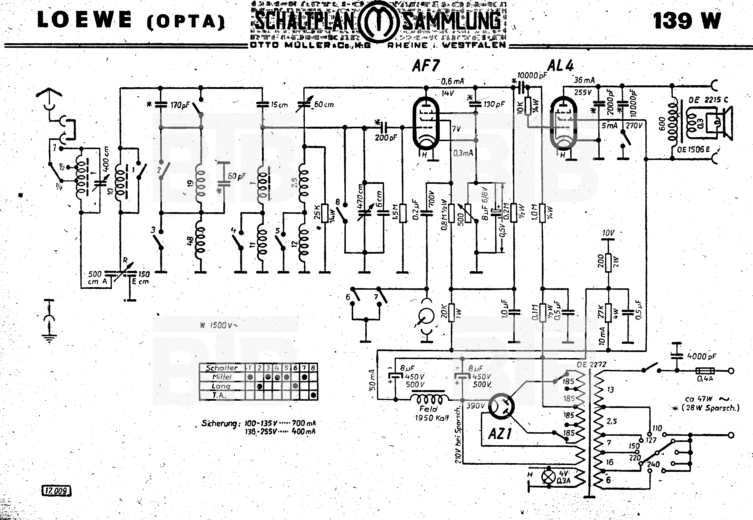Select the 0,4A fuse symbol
tap(705, 370)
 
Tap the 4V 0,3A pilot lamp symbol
tap(548, 477)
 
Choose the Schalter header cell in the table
tap(222, 368)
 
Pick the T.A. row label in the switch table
tap(219, 395)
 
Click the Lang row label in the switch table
tap(221, 386)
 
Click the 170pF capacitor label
tap(180, 105)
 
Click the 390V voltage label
tap(476, 406)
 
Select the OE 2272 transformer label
tap(591, 364)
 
